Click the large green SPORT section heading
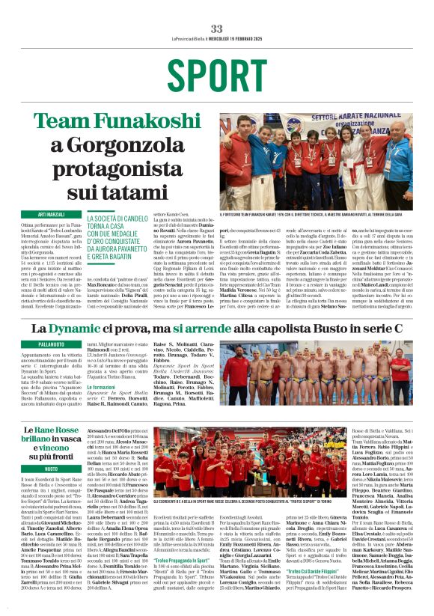click(x=216, y=75)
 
